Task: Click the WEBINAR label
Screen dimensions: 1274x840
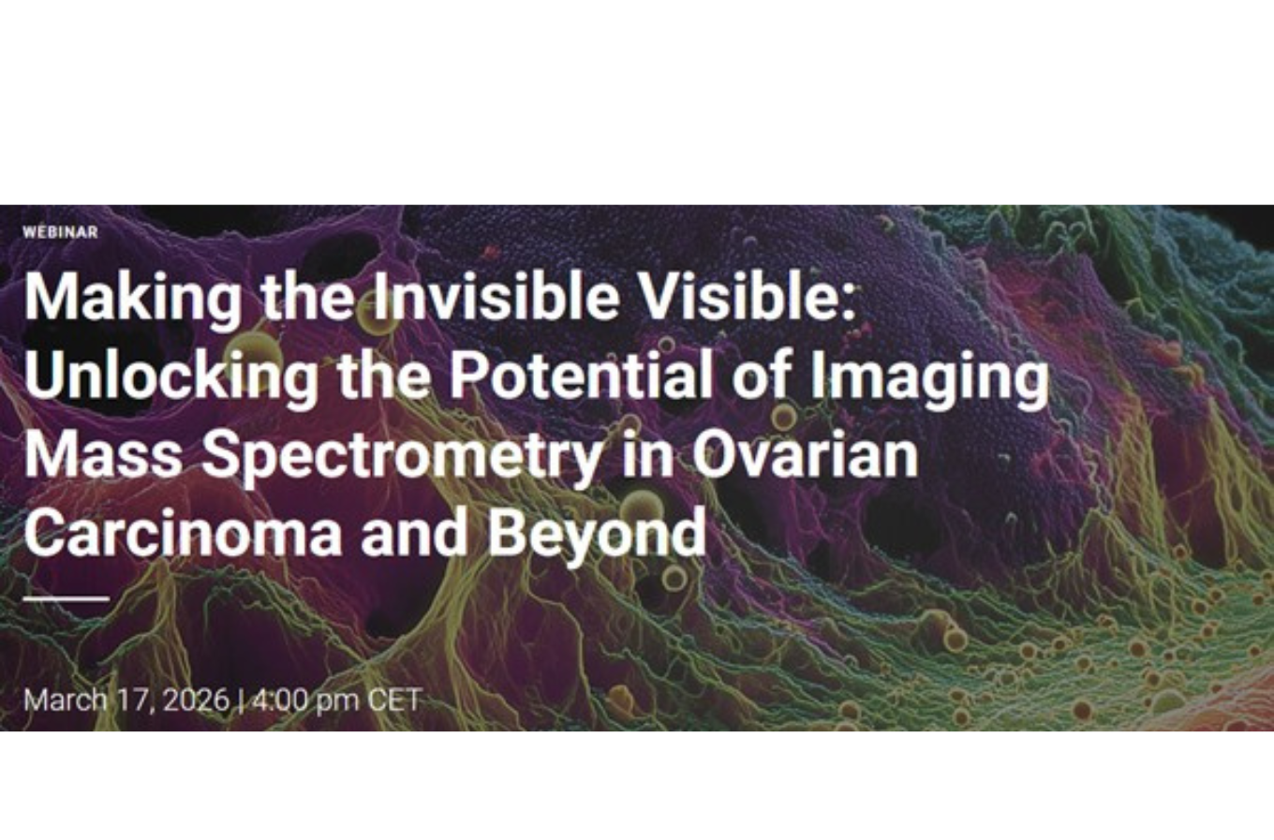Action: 60,232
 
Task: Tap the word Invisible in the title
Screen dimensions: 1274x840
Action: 496,297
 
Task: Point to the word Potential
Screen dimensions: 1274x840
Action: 581,376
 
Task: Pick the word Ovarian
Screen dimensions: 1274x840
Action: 804,455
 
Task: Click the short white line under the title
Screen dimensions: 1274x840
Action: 67,598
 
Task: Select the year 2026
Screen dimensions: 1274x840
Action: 196,700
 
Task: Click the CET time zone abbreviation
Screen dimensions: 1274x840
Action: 394,700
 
